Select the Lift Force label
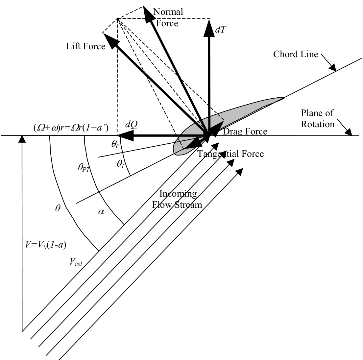pyautogui.click(x=85, y=46)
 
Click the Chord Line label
pyautogui.click(x=296, y=54)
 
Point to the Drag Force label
pyautogui.click(x=245, y=132)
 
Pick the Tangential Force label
pyautogui.click(x=230, y=154)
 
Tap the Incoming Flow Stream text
pyautogui.click(x=181, y=199)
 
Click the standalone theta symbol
pyautogui.click(x=58, y=208)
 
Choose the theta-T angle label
pyautogui.click(x=121, y=163)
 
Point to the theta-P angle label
pyautogui.click(x=115, y=145)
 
